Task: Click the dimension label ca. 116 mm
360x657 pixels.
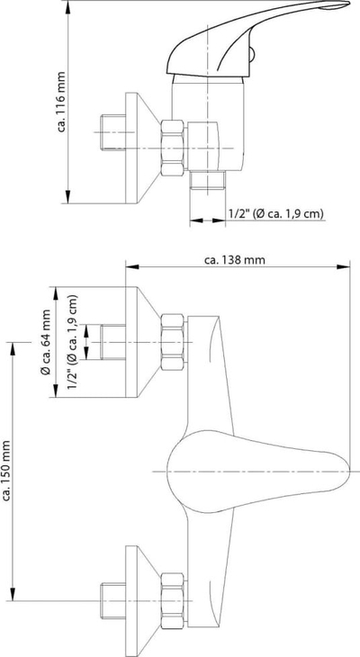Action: (62, 102)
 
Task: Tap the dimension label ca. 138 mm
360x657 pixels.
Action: (235, 260)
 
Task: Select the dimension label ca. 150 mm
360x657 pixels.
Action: (6, 470)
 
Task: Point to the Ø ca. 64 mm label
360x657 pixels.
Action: (45, 342)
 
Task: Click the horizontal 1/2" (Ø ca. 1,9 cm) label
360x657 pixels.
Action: (276, 213)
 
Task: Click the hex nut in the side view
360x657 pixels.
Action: (173, 148)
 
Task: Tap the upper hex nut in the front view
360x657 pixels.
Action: (173, 342)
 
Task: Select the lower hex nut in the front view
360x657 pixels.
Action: (173, 601)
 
